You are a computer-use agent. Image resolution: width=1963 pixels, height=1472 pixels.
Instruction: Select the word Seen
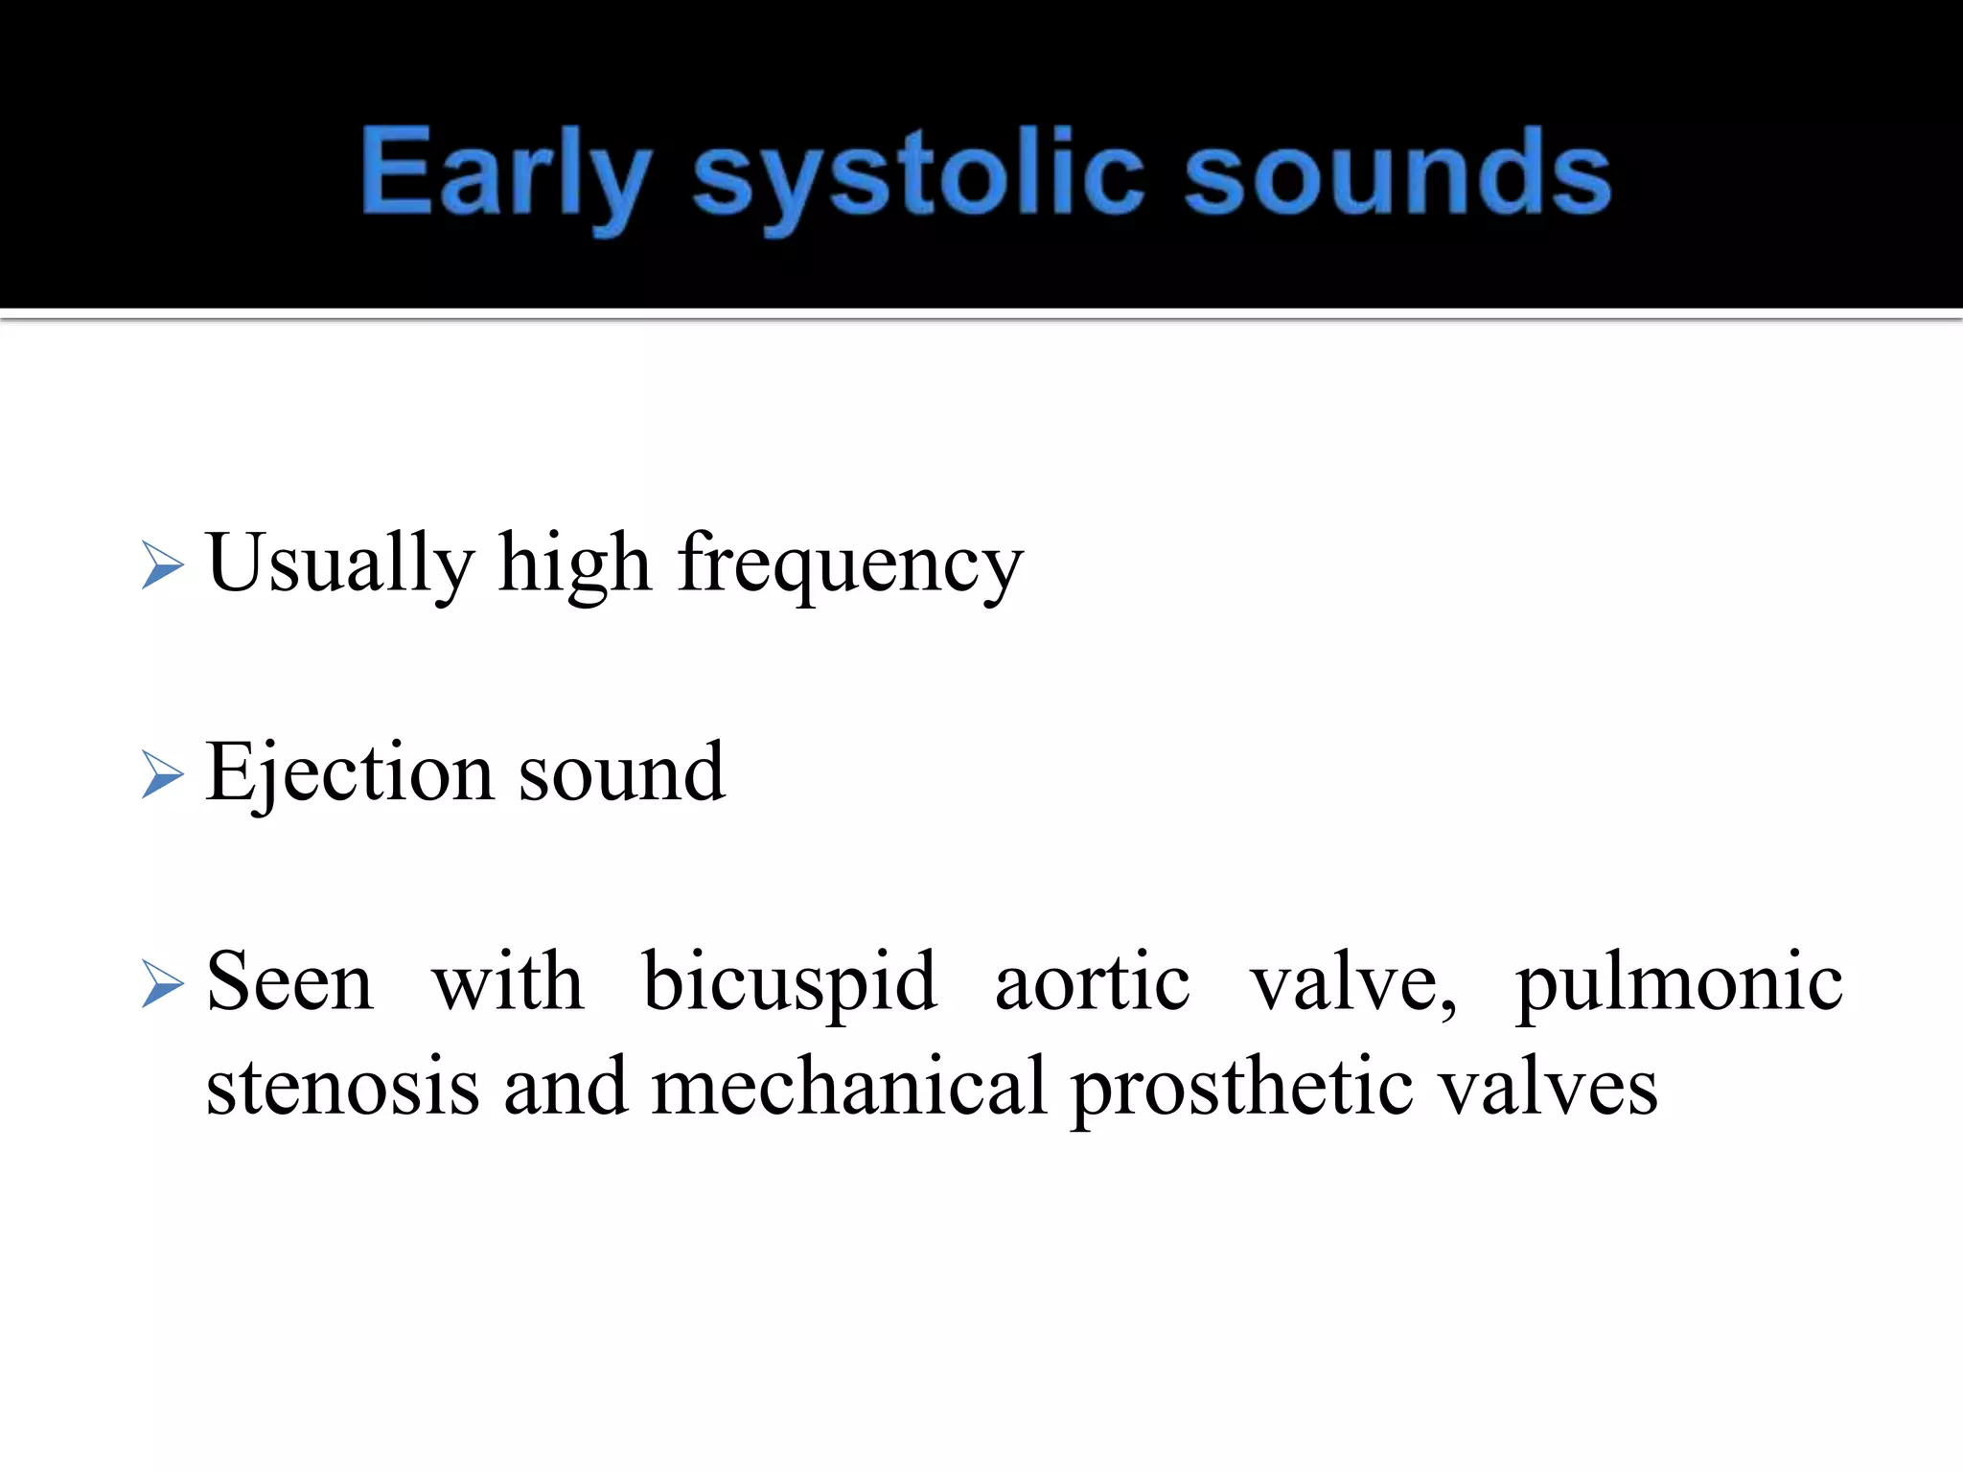pos(289,981)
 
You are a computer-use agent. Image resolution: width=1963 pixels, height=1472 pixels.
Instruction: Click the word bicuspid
pos(789,983)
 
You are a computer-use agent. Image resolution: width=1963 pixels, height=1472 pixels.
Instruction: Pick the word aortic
pos(1093,981)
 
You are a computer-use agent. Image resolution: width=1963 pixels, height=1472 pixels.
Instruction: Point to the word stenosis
pos(342,1087)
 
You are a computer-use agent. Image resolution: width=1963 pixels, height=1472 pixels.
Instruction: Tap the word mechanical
pos(848,1087)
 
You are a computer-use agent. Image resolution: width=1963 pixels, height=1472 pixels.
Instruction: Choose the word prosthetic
pos(1242,1089)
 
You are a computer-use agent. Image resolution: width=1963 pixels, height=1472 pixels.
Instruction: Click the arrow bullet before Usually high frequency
pos(161,564)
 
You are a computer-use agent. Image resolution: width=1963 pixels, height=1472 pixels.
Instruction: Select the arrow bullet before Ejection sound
pos(161,774)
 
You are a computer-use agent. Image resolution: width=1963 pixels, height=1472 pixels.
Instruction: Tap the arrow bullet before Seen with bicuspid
pos(161,984)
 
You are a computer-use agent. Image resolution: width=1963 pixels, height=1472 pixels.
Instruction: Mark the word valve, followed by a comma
pos(1352,983)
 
